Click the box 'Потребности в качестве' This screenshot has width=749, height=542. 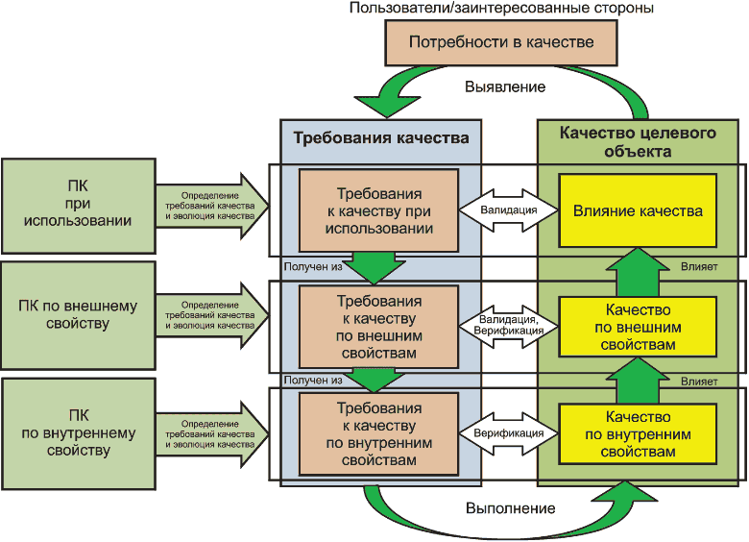click(x=501, y=43)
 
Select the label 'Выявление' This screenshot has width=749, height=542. click(x=505, y=86)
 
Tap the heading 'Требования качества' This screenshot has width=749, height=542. click(x=381, y=137)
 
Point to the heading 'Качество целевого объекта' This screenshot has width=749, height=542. click(x=639, y=140)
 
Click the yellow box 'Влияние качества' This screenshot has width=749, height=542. click(x=638, y=210)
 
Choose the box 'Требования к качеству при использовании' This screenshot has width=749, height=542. click(x=379, y=209)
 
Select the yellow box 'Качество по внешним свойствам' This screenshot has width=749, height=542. click(x=638, y=327)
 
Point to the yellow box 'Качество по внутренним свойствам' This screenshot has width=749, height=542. click(x=638, y=433)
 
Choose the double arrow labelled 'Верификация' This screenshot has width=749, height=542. click(x=509, y=433)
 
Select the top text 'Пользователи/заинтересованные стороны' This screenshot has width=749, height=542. click(x=501, y=9)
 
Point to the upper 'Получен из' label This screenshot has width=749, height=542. click(x=313, y=266)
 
